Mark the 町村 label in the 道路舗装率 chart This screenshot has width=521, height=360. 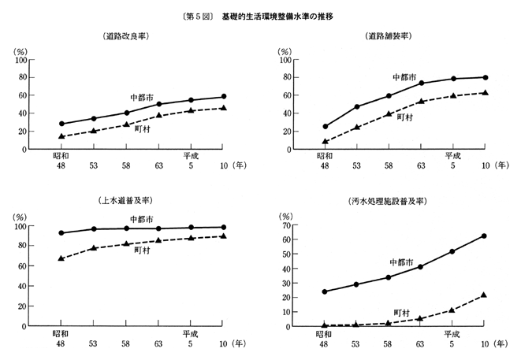(x=405, y=117)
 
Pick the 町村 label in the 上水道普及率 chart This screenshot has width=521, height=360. (x=143, y=250)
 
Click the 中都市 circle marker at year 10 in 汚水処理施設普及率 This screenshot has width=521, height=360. (x=485, y=236)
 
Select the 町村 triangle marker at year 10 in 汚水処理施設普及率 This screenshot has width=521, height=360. (x=485, y=295)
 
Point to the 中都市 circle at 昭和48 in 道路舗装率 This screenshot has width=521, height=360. (x=325, y=126)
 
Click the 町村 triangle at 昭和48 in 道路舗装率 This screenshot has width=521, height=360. (x=325, y=142)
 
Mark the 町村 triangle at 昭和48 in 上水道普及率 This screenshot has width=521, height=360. (x=61, y=258)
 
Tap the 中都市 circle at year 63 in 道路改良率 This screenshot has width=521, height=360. (x=159, y=104)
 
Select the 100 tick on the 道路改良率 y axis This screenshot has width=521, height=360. (x=20, y=60)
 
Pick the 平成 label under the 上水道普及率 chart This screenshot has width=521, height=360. (x=190, y=333)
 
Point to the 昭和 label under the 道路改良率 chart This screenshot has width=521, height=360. (x=61, y=156)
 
